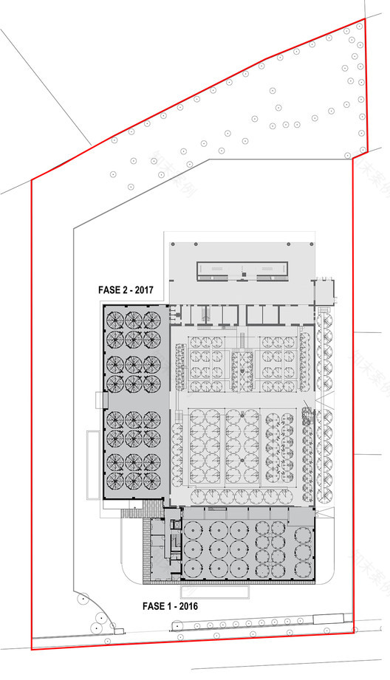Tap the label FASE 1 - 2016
click(169, 606)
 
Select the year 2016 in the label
click(188, 606)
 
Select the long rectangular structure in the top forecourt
click(242, 271)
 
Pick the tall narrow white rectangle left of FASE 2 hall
click(92, 466)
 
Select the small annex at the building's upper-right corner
click(323, 289)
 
